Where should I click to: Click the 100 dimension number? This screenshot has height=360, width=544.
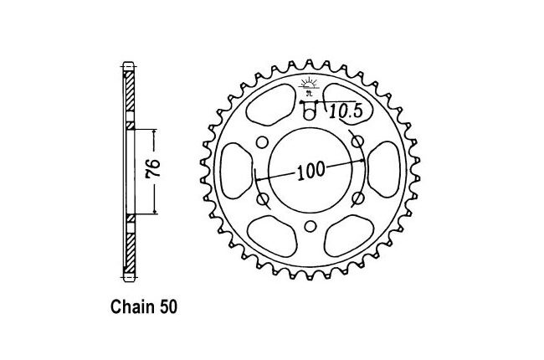[311, 171]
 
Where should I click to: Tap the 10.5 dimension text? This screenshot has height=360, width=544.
[346, 111]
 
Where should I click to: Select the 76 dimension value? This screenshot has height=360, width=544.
[153, 169]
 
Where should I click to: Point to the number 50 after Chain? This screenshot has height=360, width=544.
[168, 307]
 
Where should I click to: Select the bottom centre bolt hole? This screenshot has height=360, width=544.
[310, 227]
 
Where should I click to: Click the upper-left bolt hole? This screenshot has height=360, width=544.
[263, 142]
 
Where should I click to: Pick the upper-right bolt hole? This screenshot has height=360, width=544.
[358, 141]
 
